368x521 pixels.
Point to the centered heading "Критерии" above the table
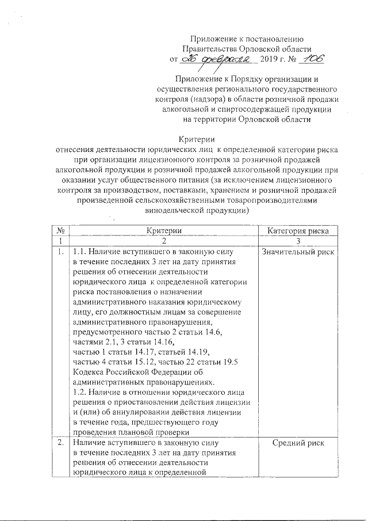197,139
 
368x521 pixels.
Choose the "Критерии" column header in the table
164,230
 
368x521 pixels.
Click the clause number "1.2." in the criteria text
80,393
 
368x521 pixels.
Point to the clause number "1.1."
80,252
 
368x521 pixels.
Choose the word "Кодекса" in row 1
89,372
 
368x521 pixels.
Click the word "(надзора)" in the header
209,100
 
